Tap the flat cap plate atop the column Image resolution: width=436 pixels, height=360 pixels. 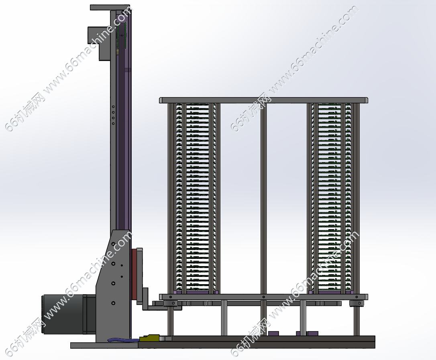tap(110, 8)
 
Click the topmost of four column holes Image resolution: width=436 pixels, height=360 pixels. tap(113, 107)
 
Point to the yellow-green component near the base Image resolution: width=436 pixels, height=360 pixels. tap(149, 338)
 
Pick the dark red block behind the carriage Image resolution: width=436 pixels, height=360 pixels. tap(134, 274)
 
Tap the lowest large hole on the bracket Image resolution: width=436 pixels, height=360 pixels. tap(113, 303)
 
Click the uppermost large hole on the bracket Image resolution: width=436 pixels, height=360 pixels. tap(113, 244)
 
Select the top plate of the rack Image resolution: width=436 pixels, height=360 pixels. tap(264, 100)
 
